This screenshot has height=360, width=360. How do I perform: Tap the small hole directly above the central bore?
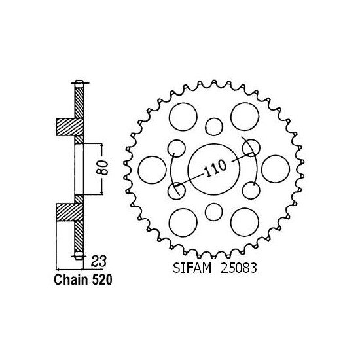213,125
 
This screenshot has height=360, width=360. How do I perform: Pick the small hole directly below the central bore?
213,211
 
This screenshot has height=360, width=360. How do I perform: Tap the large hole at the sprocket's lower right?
243,219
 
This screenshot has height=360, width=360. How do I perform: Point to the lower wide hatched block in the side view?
67,212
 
